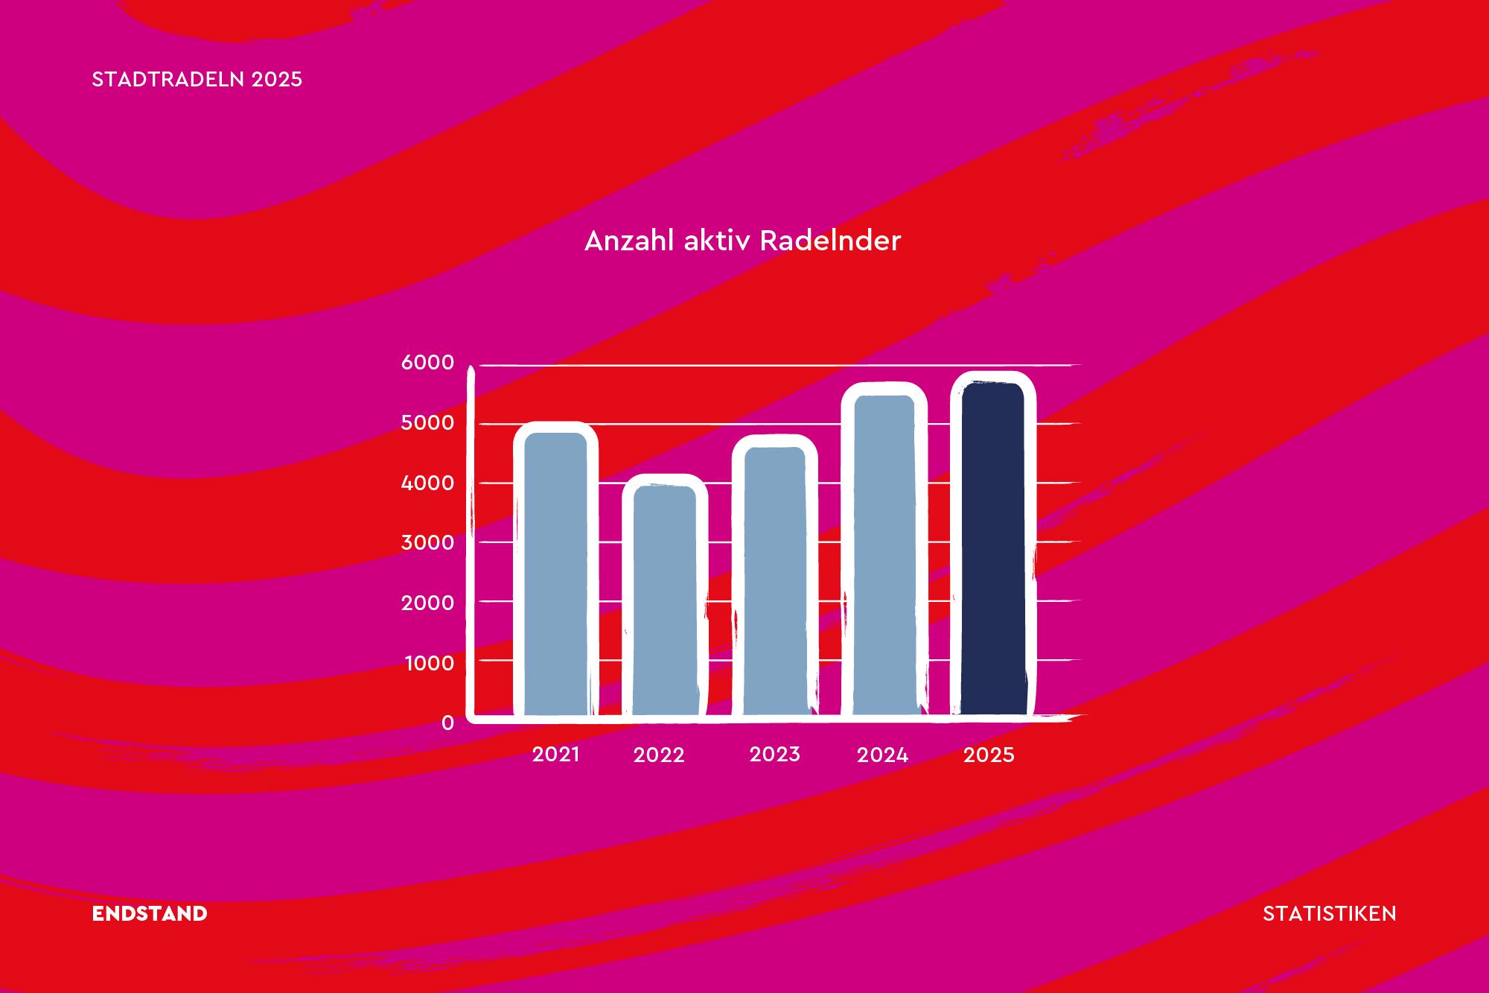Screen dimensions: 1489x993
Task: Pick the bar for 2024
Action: (x=884, y=551)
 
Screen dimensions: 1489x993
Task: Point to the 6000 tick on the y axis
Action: (x=427, y=362)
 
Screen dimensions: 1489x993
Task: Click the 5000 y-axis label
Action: (x=427, y=422)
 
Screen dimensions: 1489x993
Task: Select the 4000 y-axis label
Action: (x=427, y=483)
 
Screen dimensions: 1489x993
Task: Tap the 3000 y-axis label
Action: (x=427, y=542)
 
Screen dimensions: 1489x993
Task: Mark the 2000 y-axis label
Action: (x=427, y=603)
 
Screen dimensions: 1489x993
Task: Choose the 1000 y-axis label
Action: (x=429, y=663)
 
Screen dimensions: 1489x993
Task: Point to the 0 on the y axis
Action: (x=447, y=723)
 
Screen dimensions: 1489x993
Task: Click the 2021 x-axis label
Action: (x=555, y=755)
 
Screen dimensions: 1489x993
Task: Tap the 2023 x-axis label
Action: (x=775, y=755)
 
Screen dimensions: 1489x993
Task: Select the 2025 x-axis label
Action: (x=989, y=755)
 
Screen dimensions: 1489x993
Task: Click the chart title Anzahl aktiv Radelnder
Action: (x=743, y=241)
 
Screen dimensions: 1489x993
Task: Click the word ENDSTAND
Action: (x=150, y=913)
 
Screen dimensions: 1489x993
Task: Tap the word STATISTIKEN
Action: (x=1330, y=913)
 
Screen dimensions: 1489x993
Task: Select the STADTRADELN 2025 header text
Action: (x=197, y=79)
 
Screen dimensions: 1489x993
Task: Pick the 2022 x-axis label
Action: (x=659, y=755)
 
